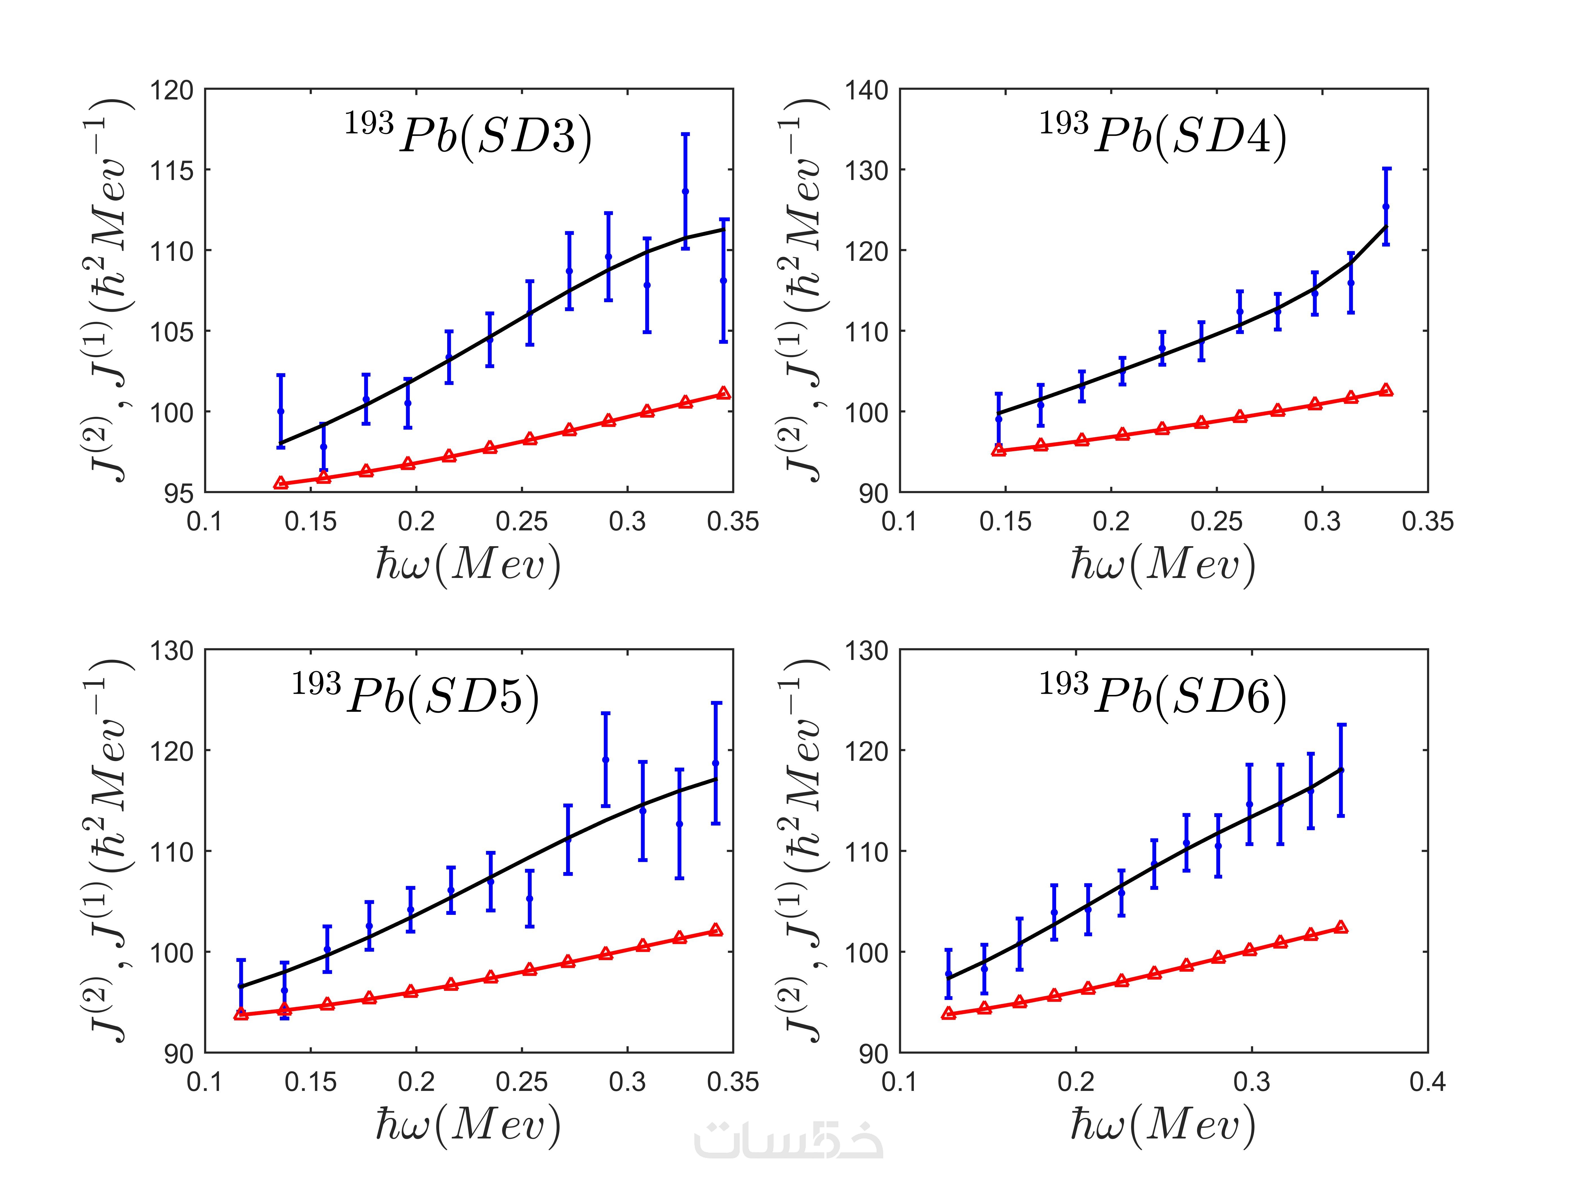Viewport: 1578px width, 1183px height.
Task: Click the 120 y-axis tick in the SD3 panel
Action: (171, 91)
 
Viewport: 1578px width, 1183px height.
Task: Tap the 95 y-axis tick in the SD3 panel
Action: (178, 493)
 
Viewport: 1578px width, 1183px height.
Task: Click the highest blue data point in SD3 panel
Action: (686, 191)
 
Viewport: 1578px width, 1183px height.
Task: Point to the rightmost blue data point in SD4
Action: (1386, 207)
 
